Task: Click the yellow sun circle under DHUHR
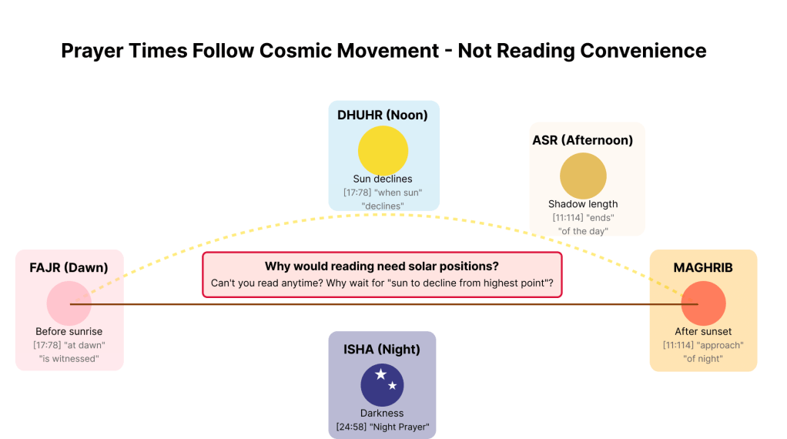[x=383, y=150]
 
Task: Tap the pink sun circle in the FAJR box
[x=69, y=303]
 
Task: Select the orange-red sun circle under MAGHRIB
[x=703, y=303]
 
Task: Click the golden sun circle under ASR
[x=583, y=176]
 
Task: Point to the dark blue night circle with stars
[x=382, y=385]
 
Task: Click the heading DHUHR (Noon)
[x=383, y=116]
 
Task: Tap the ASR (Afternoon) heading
[x=583, y=140]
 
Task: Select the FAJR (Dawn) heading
[x=69, y=268]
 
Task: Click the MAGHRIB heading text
[x=703, y=268]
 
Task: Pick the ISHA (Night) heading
[x=382, y=350]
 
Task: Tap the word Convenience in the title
[x=644, y=51]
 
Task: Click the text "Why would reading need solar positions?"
[x=382, y=266]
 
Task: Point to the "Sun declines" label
[x=383, y=179]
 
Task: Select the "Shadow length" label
[x=583, y=204]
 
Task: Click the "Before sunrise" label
[x=69, y=332]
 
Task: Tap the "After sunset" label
[x=703, y=332]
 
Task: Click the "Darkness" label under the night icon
[x=382, y=414]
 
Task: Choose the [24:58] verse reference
[x=351, y=427]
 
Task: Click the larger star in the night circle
[x=381, y=374]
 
